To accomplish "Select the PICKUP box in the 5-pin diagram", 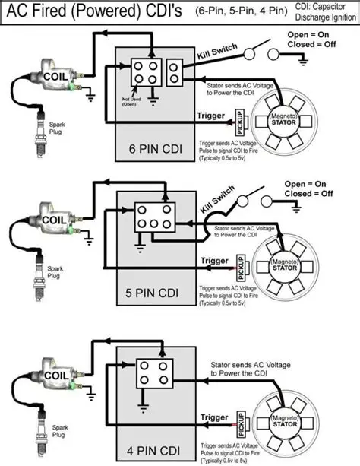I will (x=239, y=265).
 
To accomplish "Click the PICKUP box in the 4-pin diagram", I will (x=239, y=418).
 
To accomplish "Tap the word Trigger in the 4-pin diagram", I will (x=214, y=417).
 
